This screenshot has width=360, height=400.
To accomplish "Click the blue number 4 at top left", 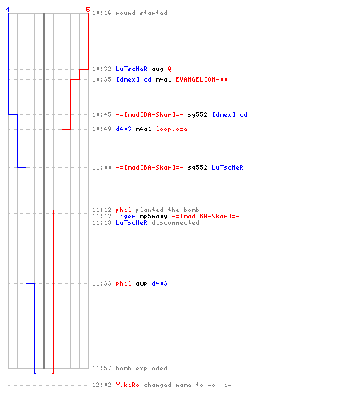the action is tap(8, 10).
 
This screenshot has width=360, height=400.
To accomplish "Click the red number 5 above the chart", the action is tap(88, 10).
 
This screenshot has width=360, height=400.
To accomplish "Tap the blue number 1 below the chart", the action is tap(34, 371).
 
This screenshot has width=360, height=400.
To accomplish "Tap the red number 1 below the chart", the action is tap(53, 371).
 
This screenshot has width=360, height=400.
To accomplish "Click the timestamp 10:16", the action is tap(102, 13).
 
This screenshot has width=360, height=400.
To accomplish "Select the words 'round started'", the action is tap(142, 13).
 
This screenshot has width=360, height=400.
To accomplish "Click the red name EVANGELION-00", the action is tap(202, 79).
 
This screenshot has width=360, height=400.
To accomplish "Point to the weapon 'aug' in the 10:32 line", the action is tap(158, 70).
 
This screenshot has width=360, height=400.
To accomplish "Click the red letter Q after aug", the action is tap(170, 70).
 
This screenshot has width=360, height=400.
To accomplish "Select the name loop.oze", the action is tap(172, 130).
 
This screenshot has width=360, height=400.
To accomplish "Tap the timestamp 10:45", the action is tap(102, 114).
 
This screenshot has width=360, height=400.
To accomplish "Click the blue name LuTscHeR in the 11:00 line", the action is tap(227, 167).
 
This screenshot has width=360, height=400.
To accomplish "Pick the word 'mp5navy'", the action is tap(154, 216).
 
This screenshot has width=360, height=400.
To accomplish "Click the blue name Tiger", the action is tap(126, 216).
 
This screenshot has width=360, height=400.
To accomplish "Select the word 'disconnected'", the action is tap(175, 222).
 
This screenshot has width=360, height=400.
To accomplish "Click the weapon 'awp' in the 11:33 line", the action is tap(142, 284).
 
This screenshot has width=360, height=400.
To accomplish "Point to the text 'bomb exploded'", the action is tap(142, 368).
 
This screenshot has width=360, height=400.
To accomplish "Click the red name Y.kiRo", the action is tap(127, 385).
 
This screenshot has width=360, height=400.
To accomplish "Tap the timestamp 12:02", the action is tap(102, 385).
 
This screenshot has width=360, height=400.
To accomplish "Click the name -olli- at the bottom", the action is tap(219, 385).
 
